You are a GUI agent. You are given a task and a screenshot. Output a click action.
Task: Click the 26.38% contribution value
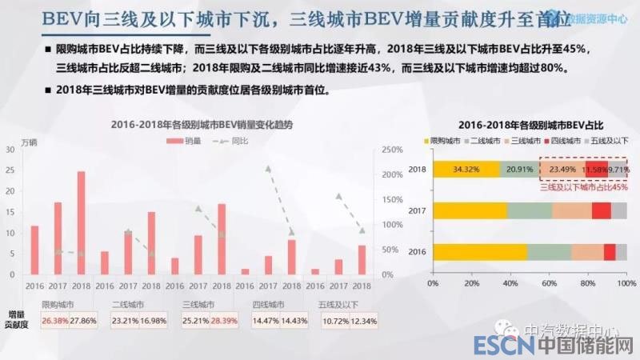55,321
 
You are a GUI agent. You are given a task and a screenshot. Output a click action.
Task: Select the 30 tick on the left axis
9,150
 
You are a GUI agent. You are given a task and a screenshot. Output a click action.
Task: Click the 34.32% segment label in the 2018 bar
466,170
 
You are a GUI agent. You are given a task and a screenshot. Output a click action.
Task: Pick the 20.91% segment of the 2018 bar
520,170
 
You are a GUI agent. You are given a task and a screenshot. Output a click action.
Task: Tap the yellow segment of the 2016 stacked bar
479,251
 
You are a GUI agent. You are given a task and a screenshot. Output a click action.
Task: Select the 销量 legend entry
186,141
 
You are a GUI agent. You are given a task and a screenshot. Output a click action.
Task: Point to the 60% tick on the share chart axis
549,283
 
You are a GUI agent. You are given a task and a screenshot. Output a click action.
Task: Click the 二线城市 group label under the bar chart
128,304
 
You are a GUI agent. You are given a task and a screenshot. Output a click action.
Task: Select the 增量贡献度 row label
18,319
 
